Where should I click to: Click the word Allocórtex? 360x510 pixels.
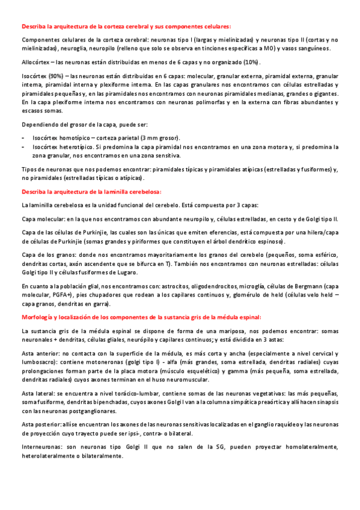pyautogui.click(x=35, y=63)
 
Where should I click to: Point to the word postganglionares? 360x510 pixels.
pyautogui.click(x=97, y=411)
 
